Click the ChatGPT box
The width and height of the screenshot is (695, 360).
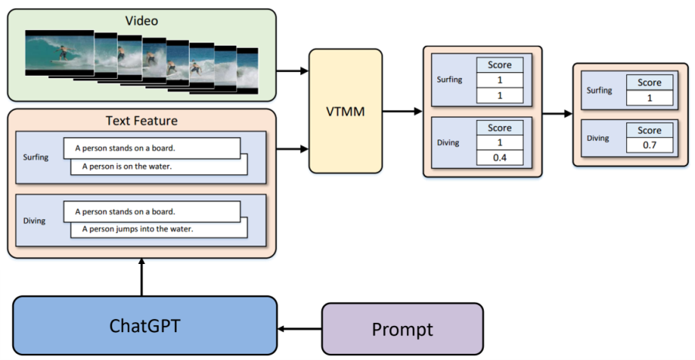click(145, 326)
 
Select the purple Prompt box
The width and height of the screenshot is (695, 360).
click(402, 329)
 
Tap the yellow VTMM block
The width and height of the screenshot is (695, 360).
click(345, 111)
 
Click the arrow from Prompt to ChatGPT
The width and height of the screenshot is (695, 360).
click(300, 329)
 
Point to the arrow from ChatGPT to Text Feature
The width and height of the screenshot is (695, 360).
click(142, 277)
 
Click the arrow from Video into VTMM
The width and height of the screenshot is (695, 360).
click(292, 70)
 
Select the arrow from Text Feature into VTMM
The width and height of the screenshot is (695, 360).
click(292, 149)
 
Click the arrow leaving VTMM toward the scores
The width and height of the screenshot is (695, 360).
click(402, 111)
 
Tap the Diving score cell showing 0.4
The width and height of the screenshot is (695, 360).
click(499, 158)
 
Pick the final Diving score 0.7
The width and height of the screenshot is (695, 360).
click(649, 145)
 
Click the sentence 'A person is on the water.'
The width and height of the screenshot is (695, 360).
click(127, 166)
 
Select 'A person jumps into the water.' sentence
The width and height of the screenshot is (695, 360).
click(138, 229)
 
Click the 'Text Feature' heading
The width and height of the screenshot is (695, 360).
click(142, 121)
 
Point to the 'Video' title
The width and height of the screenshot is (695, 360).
click(142, 20)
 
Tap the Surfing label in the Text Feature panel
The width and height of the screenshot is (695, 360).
click(36, 157)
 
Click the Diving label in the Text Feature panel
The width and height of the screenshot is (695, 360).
click(34, 221)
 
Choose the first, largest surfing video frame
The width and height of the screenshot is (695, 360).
click(60, 53)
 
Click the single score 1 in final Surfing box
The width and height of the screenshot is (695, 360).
click(649, 98)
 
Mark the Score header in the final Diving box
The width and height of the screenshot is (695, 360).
click(649, 130)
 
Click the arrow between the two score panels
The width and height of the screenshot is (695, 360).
click(557, 114)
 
